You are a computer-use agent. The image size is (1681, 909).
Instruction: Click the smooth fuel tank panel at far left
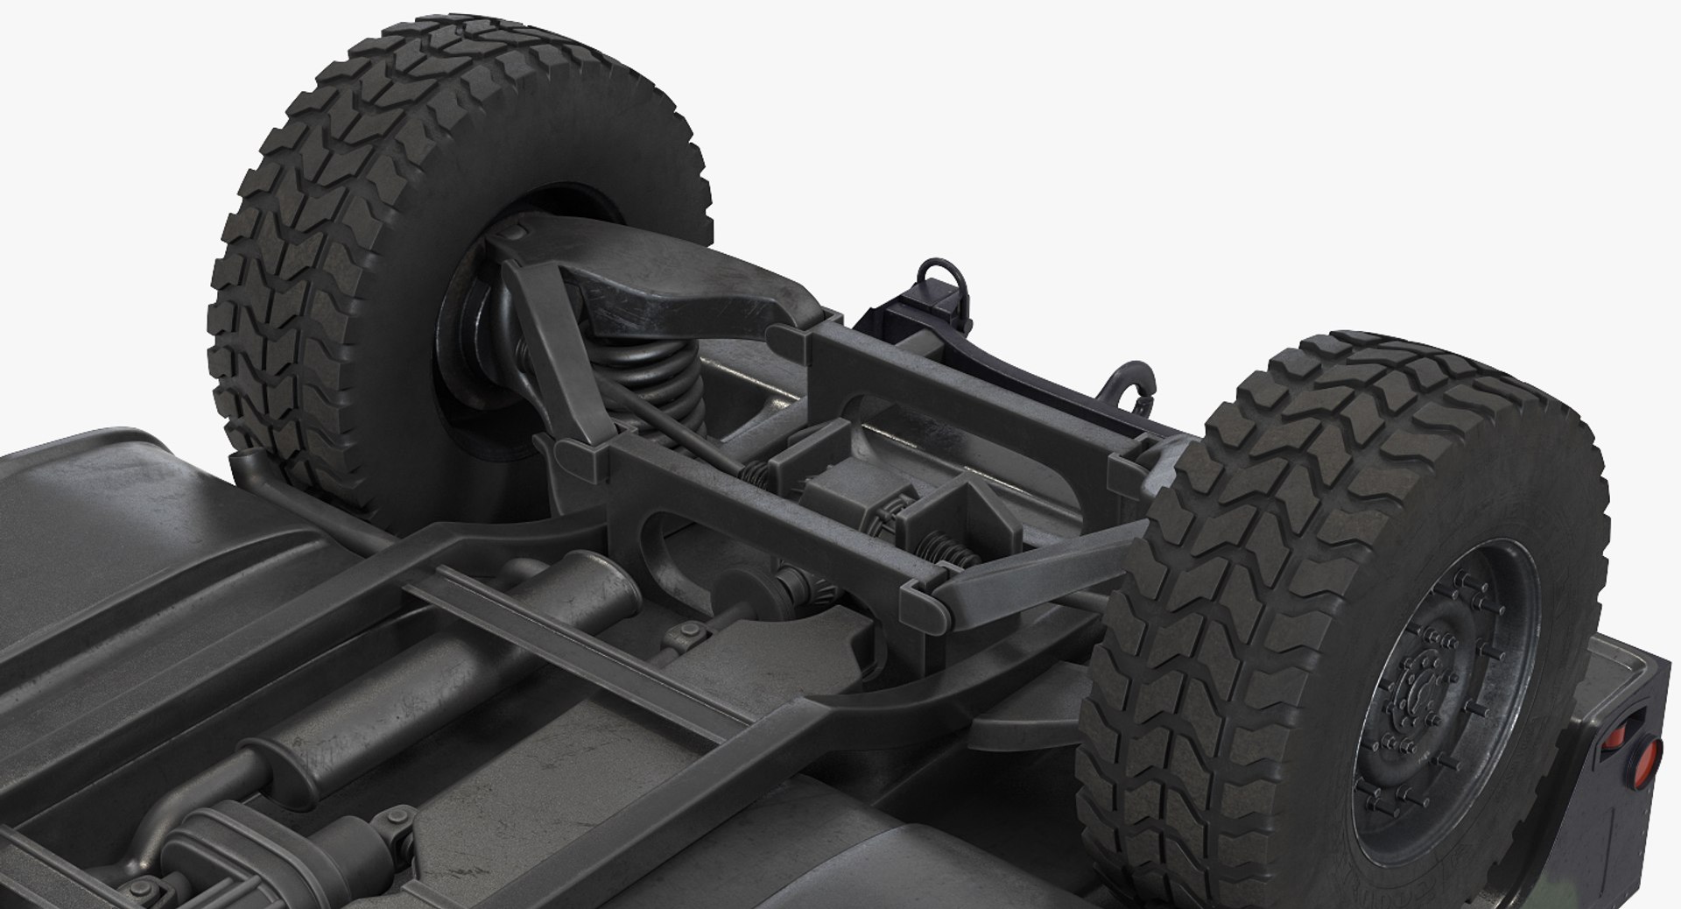tap(114, 525)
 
